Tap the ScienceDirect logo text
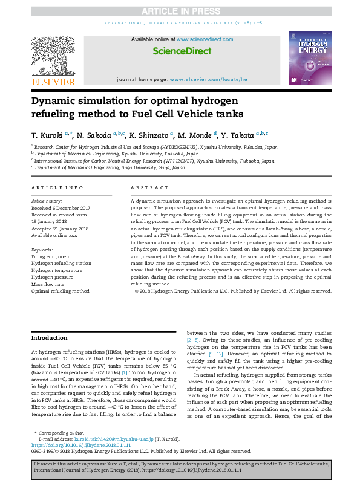pos(182,52)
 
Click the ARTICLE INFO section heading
pos(57,188)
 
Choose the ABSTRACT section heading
pos(148,188)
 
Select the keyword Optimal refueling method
pos(60,291)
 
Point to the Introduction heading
pos(49,338)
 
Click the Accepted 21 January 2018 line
pos(60,229)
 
